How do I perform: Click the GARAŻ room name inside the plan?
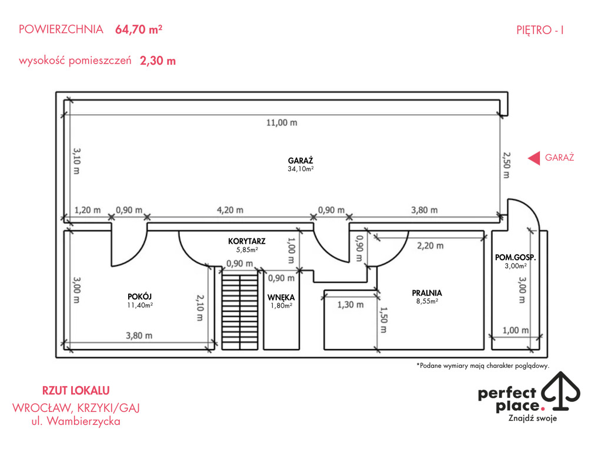click(300, 161)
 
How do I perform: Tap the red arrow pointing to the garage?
click(534, 158)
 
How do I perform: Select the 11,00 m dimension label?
click(282, 123)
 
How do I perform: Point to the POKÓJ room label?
click(139, 296)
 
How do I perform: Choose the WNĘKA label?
click(281, 297)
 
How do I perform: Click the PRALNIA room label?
click(427, 293)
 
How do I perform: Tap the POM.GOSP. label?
click(515, 257)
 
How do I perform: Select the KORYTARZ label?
click(246, 241)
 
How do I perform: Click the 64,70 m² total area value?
click(139, 29)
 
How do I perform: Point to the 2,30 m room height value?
click(158, 61)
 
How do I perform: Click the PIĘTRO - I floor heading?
click(540, 30)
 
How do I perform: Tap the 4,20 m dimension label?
click(230, 210)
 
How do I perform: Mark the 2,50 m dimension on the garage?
click(506, 165)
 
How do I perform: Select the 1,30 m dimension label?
click(350, 305)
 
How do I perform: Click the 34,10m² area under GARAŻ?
click(301, 169)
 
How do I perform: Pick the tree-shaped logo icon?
click(560, 391)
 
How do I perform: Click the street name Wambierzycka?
click(84, 421)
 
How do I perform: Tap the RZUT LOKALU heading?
click(76, 391)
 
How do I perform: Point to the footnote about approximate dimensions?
click(483, 365)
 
